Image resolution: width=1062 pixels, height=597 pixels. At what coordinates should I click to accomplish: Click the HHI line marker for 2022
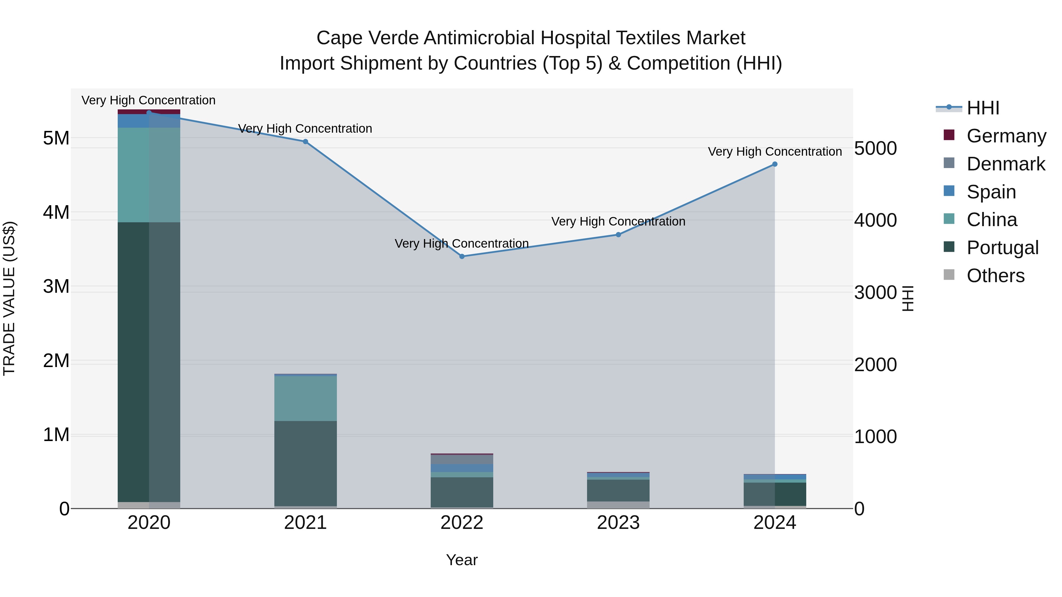[x=462, y=256]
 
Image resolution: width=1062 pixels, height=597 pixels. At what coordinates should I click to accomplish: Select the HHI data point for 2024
[x=775, y=164]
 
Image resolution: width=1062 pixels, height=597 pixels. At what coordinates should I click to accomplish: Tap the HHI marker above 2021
[x=306, y=141]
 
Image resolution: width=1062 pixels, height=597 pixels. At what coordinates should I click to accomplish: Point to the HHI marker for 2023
[x=618, y=234]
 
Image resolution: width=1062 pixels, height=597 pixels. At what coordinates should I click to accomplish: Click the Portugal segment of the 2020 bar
[x=149, y=363]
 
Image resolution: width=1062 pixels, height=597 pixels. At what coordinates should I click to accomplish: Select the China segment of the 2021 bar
[x=306, y=398]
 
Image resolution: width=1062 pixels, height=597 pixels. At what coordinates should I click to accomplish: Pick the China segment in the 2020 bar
[x=149, y=175]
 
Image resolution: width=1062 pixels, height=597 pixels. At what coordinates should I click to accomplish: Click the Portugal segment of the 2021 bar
[x=306, y=463]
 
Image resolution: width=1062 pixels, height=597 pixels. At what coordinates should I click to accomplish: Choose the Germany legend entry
[x=1006, y=136]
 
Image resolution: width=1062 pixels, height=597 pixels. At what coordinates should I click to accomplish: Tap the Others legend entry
[x=995, y=276]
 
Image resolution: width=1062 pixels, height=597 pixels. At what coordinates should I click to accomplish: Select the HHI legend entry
[x=983, y=108]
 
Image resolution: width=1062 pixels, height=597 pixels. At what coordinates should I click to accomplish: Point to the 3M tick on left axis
[x=56, y=286]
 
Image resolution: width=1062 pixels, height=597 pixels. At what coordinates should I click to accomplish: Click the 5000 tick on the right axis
[x=875, y=148]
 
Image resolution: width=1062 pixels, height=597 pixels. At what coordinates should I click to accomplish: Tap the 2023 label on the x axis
[x=618, y=523]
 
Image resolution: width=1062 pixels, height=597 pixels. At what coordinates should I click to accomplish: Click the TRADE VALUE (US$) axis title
[x=9, y=298]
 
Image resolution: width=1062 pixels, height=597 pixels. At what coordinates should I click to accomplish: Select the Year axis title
[x=462, y=560]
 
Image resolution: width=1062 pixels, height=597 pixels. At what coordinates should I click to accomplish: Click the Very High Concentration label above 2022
[x=462, y=244]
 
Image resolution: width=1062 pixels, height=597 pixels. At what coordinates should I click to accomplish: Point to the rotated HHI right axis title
[x=907, y=298]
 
